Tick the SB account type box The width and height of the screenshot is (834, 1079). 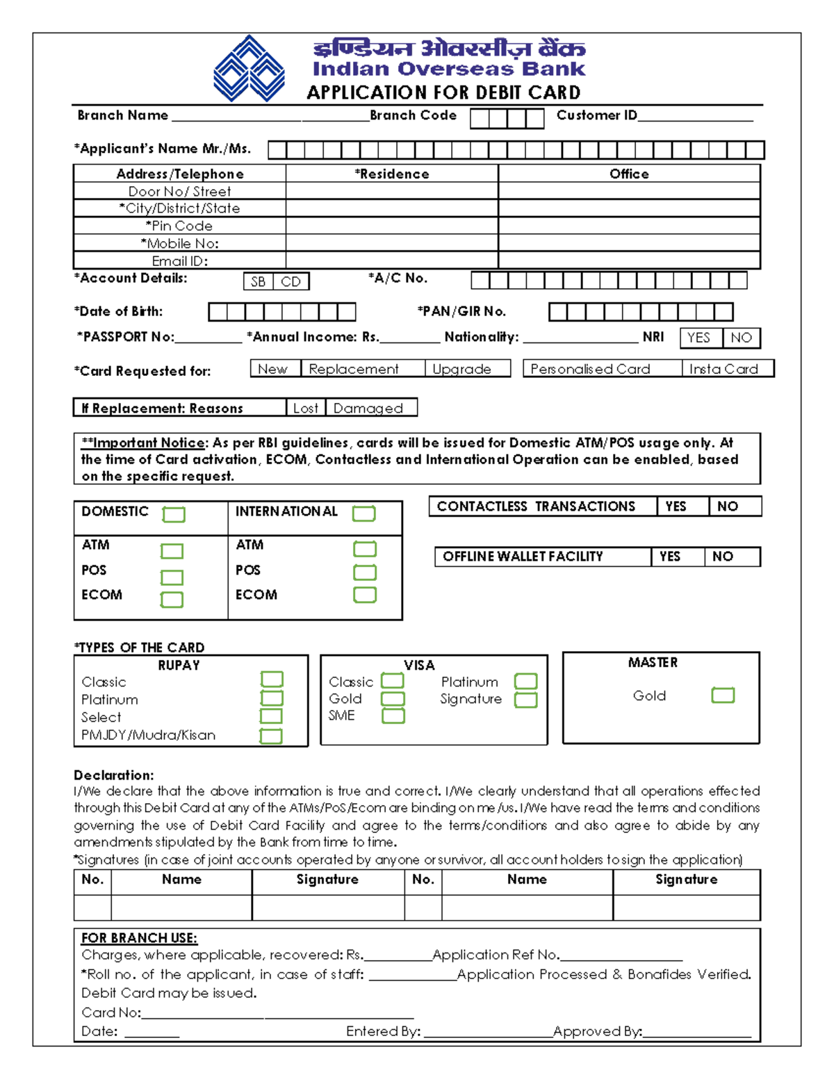[x=258, y=281]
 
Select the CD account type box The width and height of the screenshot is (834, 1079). [x=291, y=281]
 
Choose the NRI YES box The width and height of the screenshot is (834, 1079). [x=700, y=338]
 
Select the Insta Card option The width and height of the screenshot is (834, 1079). [x=727, y=369]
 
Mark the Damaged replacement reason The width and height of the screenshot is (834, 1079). [x=370, y=408]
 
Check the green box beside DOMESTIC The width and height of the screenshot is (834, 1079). [x=174, y=514]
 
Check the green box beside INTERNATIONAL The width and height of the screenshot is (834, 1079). [x=363, y=513]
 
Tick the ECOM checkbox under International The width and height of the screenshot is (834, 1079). [x=365, y=595]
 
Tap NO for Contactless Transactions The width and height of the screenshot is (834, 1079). [x=734, y=506]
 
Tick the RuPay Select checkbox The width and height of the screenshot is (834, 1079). [x=271, y=716]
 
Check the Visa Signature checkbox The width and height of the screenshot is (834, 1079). [x=525, y=700]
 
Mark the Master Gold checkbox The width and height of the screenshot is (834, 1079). [x=723, y=695]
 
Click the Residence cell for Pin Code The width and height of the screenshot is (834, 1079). [x=392, y=226]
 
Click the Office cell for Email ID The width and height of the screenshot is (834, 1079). [x=629, y=261]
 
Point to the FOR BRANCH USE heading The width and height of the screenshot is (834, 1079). [x=139, y=938]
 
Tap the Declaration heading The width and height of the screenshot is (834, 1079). [x=114, y=775]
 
